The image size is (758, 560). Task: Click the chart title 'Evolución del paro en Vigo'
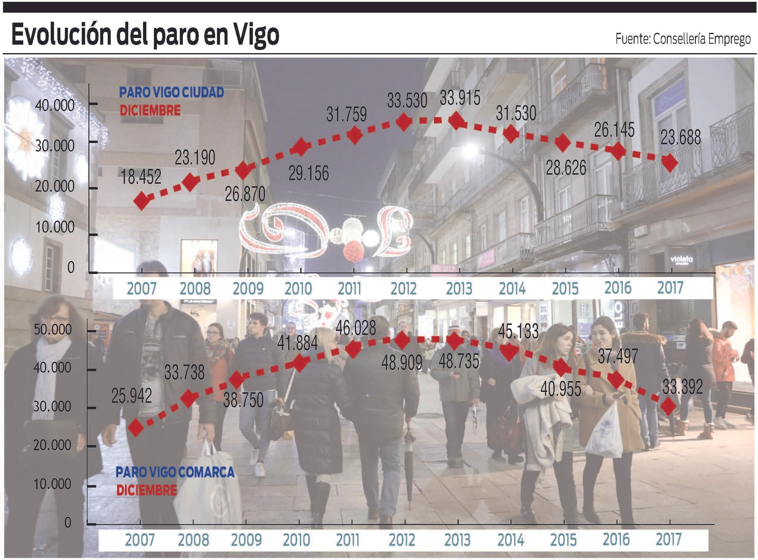[145, 35]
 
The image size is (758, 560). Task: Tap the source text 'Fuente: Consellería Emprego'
[683, 38]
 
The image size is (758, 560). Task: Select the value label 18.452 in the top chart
[141, 177]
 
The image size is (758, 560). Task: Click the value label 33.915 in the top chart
[460, 98]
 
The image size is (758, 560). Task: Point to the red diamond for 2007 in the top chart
[142, 201]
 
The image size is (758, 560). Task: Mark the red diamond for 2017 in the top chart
[670, 163]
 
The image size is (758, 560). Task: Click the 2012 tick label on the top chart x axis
[403, 289]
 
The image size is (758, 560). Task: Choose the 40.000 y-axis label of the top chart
[55, 105]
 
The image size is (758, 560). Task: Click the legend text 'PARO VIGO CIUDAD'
[171, 92]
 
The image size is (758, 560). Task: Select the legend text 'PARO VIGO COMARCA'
[175, 472]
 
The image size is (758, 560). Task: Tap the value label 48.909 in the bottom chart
[402, 362]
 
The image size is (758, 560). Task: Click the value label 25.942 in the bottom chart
[132, 396]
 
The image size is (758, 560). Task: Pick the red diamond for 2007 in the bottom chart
[136, 427]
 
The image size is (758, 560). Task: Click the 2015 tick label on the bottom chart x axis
[563, 540]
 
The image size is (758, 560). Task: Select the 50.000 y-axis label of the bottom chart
[53, 329]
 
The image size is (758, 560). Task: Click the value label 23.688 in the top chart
[680, 137]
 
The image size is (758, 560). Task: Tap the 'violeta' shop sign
[682, 259]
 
